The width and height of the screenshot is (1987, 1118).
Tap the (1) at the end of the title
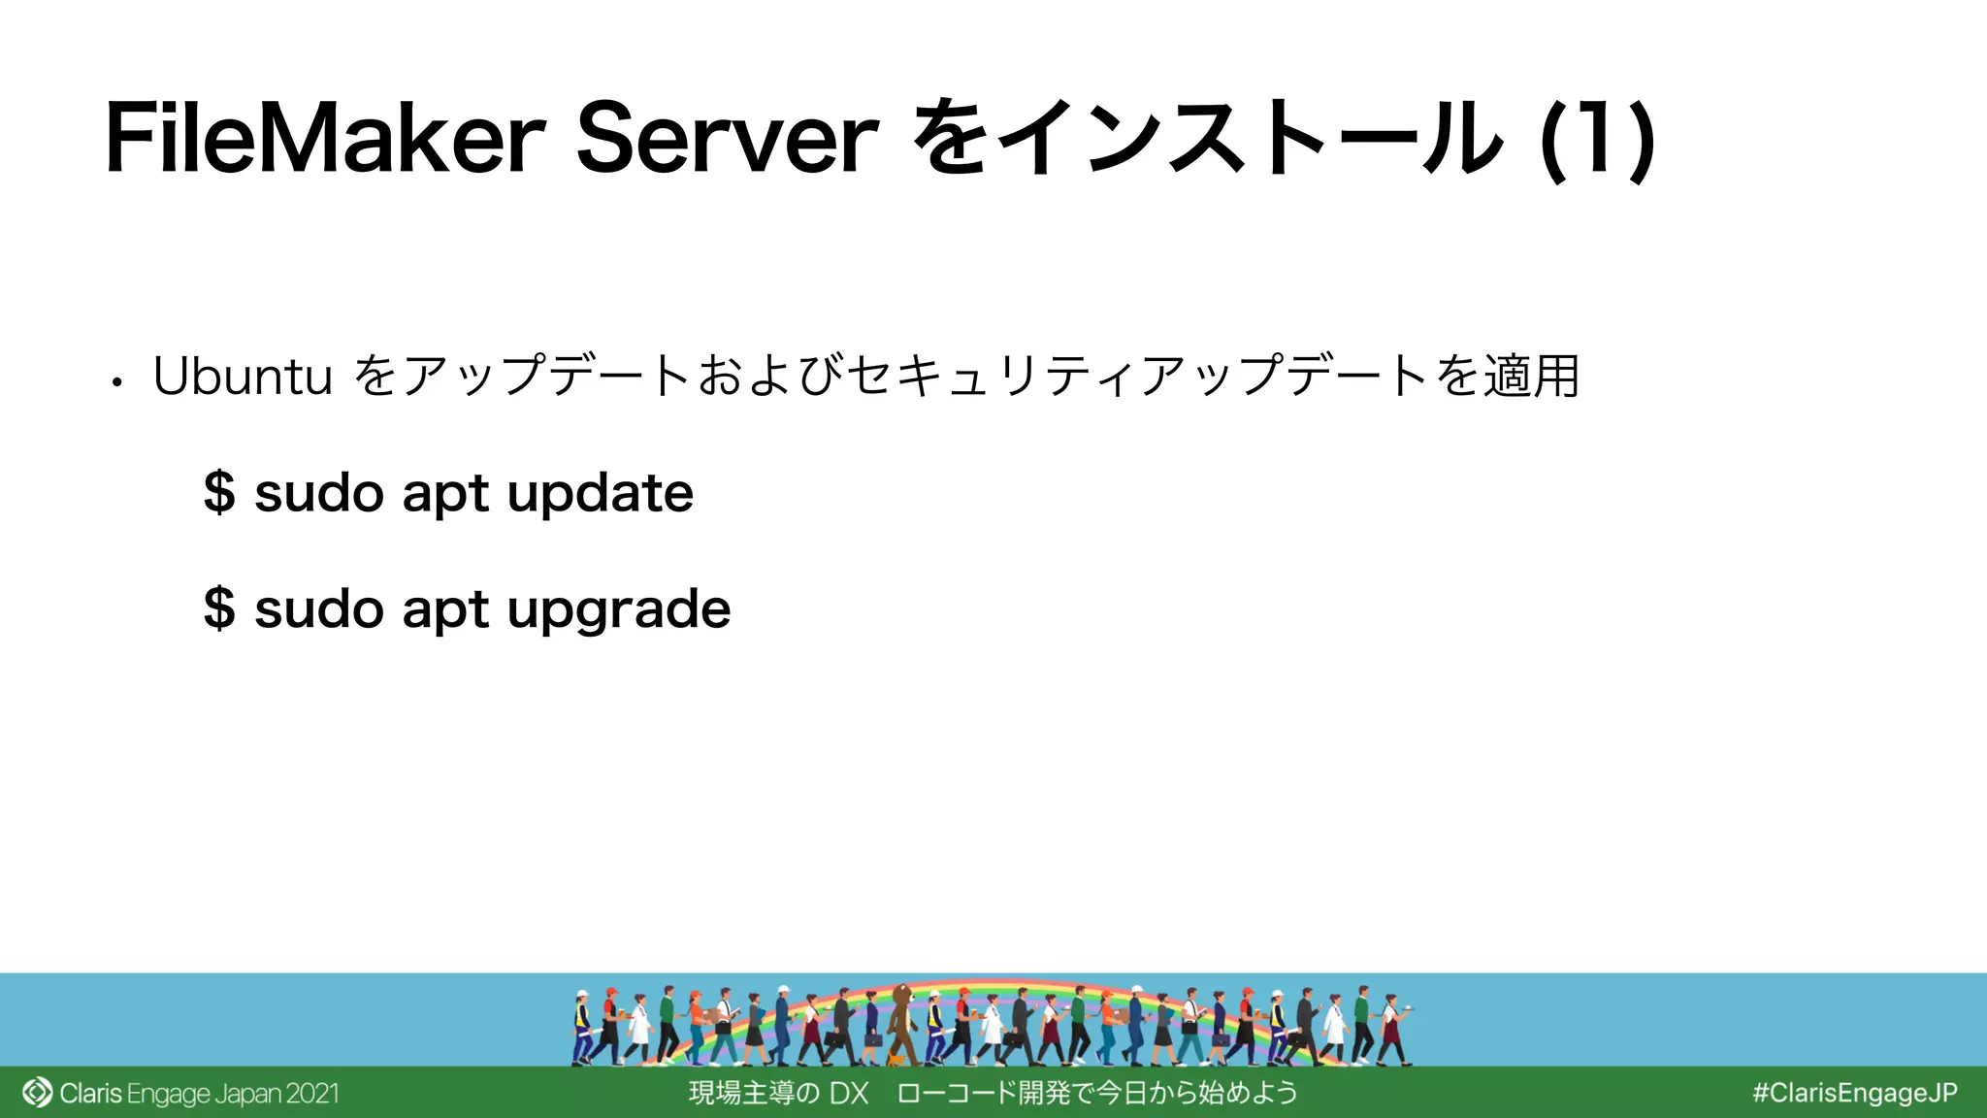click(x=1597, y=141)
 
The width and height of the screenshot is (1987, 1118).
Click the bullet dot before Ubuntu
click(x=116, y=382)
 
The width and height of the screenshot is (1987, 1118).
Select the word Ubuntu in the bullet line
click(x=243, y=377)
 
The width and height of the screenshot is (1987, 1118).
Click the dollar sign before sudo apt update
click(x=219, y=492)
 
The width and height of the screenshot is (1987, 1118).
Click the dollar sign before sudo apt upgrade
click(x=219, y=608)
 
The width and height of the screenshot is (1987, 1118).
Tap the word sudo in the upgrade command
click(x=318, y=608)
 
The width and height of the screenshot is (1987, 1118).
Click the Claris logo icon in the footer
click(x=37, y=1093)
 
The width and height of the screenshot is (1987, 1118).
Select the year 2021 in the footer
click(x=311, y=1094)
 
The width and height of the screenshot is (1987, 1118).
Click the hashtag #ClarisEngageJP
click(x=1854, y=1093)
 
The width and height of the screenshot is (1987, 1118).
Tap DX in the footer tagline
click(x=848, y=1094)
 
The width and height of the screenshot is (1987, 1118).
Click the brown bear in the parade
click(x=903, y=1019)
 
